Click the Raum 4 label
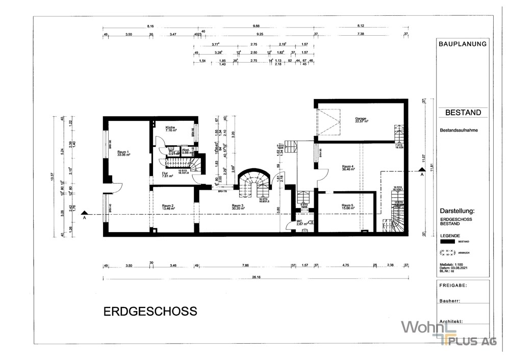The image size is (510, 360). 348,168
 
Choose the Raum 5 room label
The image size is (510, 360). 348,207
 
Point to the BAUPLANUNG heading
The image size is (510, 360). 463,44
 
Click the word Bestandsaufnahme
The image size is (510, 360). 458,131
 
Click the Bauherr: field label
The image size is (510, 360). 450,301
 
